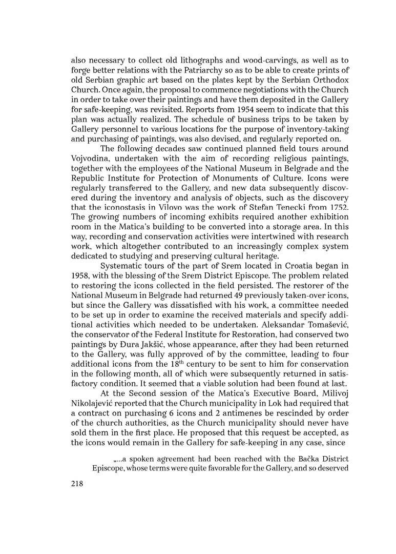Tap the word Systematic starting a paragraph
[x=122, y=266]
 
